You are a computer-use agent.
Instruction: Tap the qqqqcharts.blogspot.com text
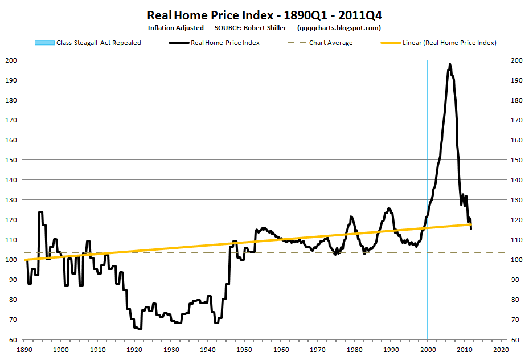[x=339, y=27]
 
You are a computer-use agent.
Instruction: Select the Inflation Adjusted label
[x=176, y=27]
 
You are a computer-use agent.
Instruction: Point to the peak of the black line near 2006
[x=450, y=64]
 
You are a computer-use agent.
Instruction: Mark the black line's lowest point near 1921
[x=138, y=328]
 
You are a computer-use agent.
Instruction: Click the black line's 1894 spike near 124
[x=40, y=212]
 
